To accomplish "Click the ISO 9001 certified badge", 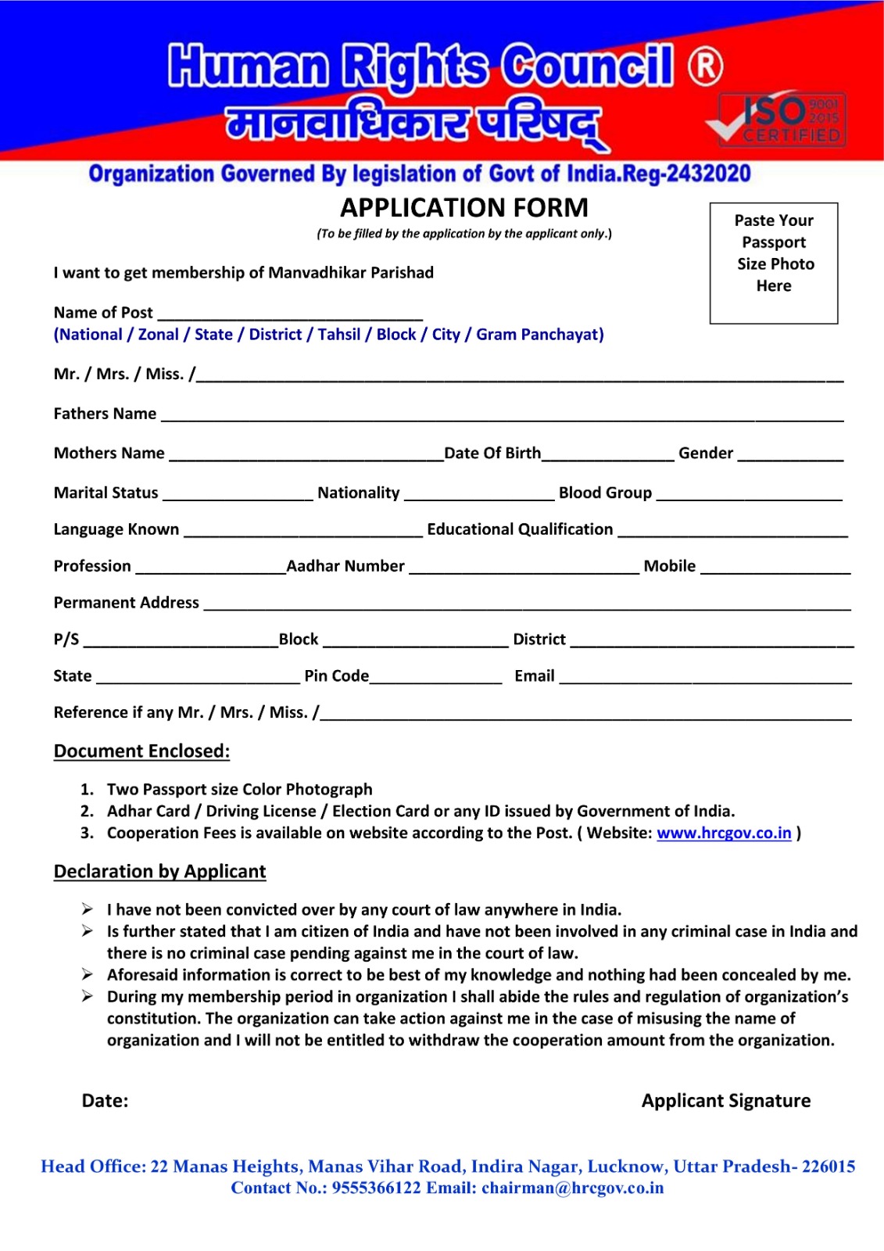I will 782,120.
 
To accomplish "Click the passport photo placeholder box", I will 773,263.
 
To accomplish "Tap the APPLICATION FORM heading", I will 464,208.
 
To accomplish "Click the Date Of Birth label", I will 492,453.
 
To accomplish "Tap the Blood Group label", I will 605,493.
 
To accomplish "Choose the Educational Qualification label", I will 520,529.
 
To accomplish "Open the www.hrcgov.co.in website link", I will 724,833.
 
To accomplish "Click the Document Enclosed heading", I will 141,751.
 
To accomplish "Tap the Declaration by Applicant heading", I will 159,872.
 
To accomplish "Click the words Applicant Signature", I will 726,1101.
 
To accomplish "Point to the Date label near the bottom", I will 105,1101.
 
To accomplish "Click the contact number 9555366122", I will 376,1188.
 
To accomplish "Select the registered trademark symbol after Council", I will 705,66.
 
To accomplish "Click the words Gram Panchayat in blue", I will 539,335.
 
